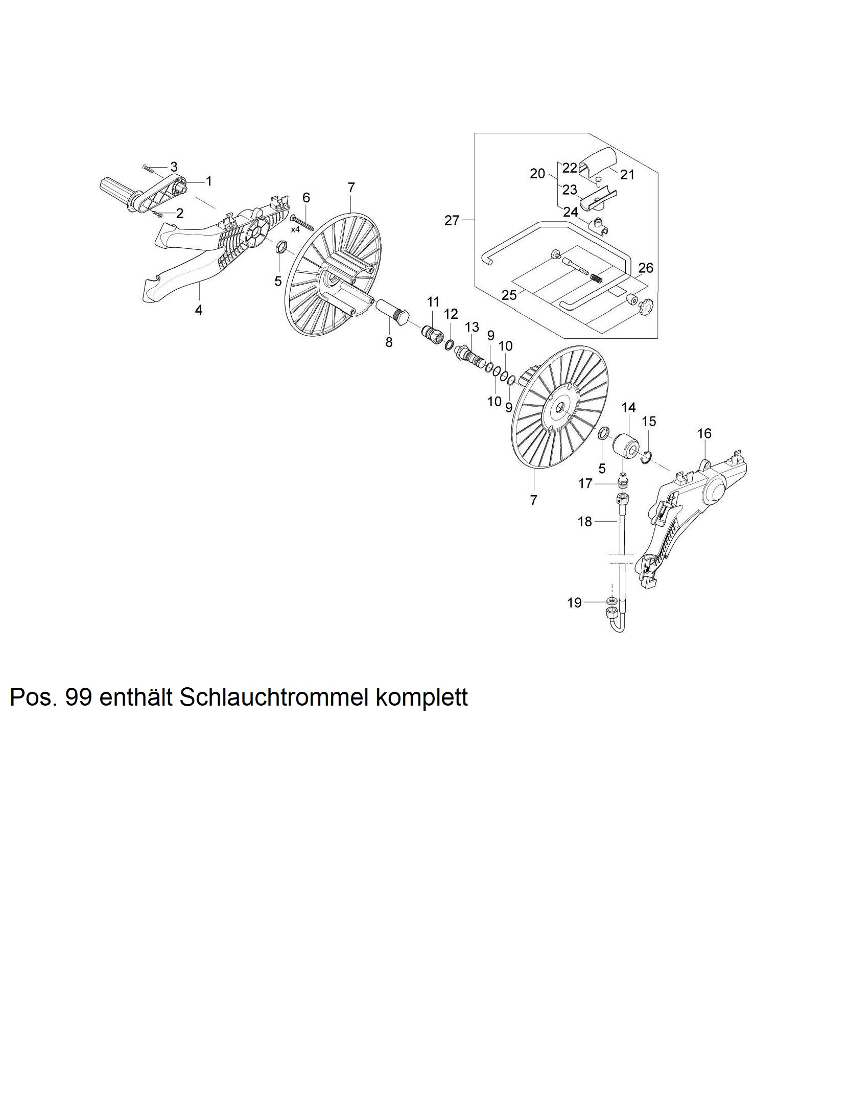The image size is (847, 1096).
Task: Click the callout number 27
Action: pos(452,221)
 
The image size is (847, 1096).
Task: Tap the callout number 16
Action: pos(704,434)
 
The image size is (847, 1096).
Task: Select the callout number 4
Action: pos(199,310)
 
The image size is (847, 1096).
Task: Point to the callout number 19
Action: pos(574,603)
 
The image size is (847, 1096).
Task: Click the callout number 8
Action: pos(389,342)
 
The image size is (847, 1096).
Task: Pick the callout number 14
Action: pos(628,407)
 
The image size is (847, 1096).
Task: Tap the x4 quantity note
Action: pos(295,229)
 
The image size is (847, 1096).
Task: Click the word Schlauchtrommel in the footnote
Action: pos(275,697)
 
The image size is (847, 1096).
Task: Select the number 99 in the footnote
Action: pos(79,697)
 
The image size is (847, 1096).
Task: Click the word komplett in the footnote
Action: pos(421,697)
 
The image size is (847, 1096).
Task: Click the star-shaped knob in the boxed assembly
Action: pos(643,308)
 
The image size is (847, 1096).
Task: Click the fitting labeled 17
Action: pos(623,480)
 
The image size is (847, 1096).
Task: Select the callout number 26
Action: pos(646,268)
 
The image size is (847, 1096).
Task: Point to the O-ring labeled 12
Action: pos(449,345)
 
